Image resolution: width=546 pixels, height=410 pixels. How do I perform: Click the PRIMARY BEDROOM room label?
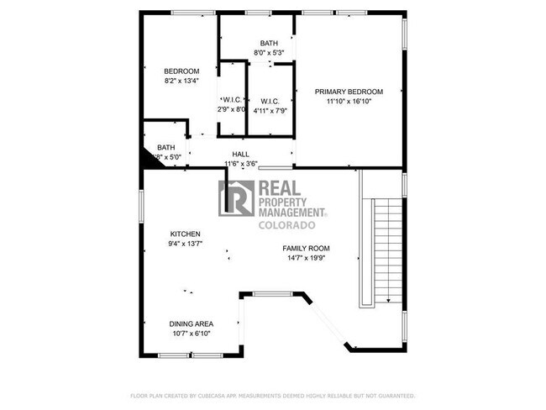click(x=349, y=92)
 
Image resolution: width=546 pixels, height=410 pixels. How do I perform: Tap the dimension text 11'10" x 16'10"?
click(x=349, y=101)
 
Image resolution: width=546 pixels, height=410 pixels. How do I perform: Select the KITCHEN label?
click(x=185, y=234)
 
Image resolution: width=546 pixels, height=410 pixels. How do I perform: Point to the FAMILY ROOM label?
click(x=305, y=249)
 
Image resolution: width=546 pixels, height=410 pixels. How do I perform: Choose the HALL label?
click(x=241, y=155)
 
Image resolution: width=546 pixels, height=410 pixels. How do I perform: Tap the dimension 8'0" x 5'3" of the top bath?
click(x=269, y=53)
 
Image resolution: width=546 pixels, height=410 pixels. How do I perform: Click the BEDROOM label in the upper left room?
click(x=181, y=71)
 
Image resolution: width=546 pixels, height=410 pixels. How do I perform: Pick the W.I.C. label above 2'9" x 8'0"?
click(x=233, y=100)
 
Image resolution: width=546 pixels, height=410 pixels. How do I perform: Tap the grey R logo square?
click(x=236, y=198)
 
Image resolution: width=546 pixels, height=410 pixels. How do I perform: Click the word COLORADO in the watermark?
click(x=286, y=226)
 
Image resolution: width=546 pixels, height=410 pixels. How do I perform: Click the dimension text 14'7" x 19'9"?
click(x=305, y=259)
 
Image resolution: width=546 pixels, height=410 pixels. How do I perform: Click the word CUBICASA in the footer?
click(x=217, y=395)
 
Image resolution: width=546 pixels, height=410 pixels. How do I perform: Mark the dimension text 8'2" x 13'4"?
click(x=181, y=81)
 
